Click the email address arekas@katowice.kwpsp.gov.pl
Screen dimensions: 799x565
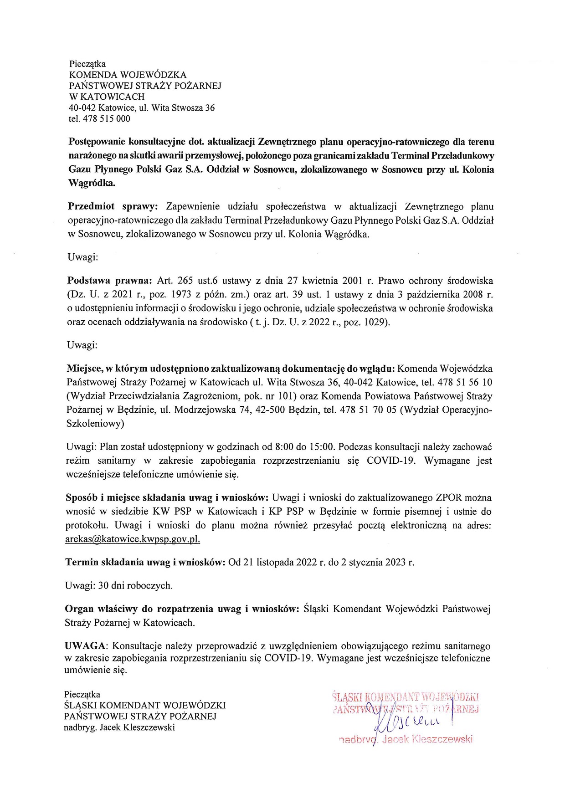pyautogui.click(x=133, y=539)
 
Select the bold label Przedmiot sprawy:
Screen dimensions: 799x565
pyautogui.click(x=113, y=207)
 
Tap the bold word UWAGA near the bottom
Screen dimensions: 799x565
pyautogui.click(x=85, y=646)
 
